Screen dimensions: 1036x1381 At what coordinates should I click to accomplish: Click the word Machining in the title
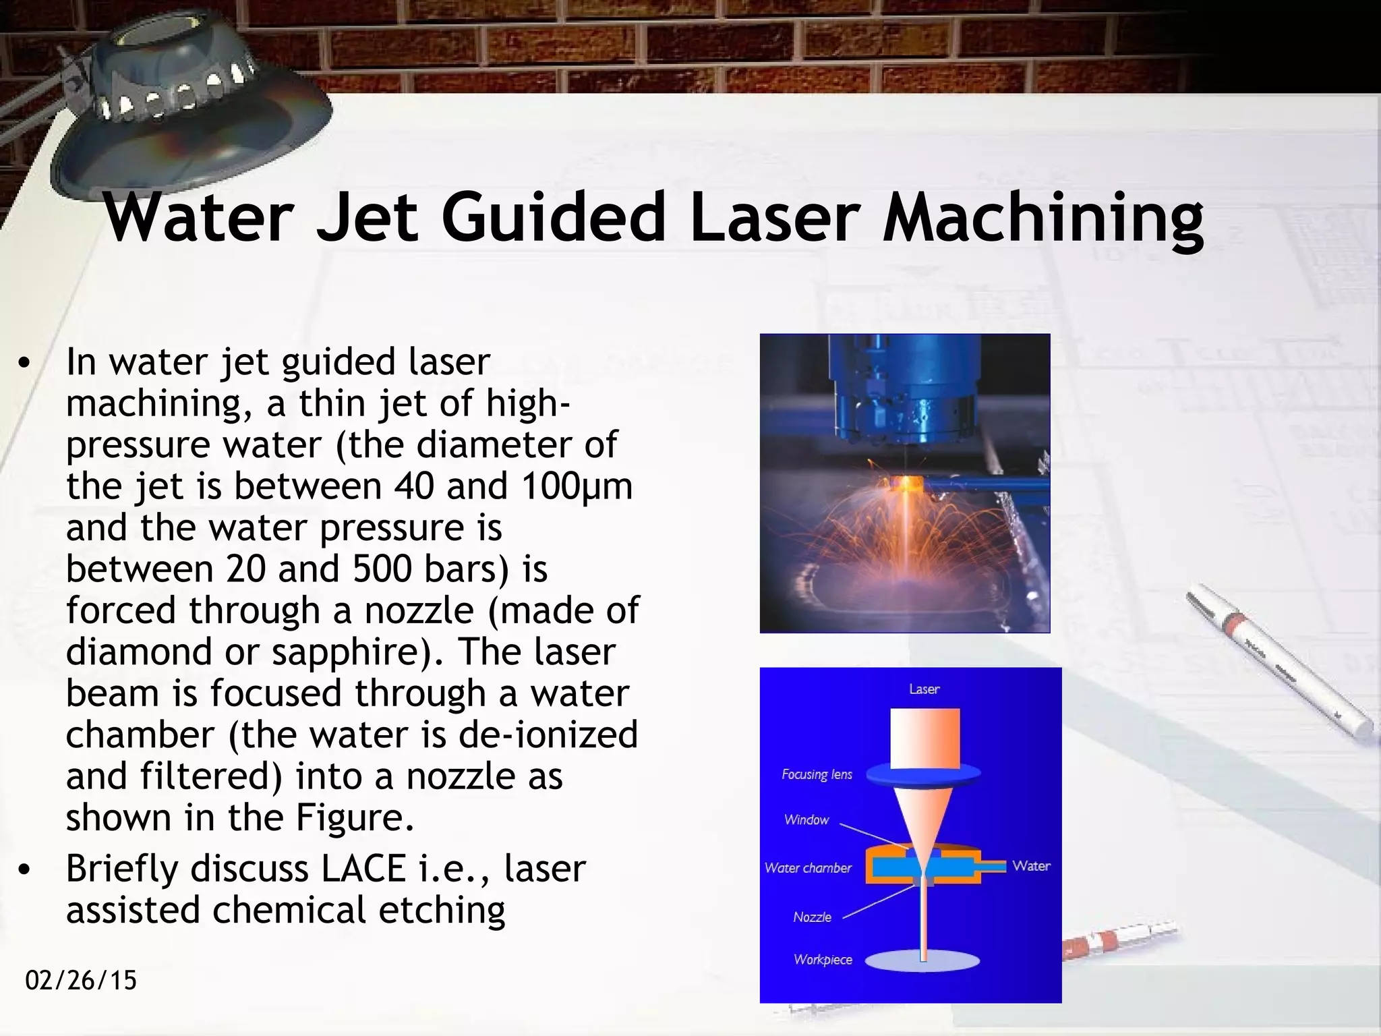[1042, 219]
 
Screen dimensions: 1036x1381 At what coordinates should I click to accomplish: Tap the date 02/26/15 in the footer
[81, 980]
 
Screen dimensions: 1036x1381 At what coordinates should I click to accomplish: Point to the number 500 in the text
[382, 569]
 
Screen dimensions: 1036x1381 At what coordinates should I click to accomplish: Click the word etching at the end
[442, 910]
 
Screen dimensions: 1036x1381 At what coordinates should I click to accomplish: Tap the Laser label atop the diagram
[924, 689]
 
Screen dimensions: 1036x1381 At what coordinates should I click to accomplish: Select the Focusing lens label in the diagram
[817, 774]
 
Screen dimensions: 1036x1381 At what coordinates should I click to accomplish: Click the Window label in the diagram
[806, 820]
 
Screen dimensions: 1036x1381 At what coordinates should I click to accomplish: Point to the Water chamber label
[808, 868]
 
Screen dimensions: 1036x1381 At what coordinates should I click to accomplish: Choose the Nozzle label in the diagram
[812, 917]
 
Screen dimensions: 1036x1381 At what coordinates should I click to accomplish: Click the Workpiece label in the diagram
[823, 960]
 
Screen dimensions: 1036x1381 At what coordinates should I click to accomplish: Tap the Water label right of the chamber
[1031, 866]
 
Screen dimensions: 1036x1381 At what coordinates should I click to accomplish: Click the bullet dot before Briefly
[25, 870]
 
